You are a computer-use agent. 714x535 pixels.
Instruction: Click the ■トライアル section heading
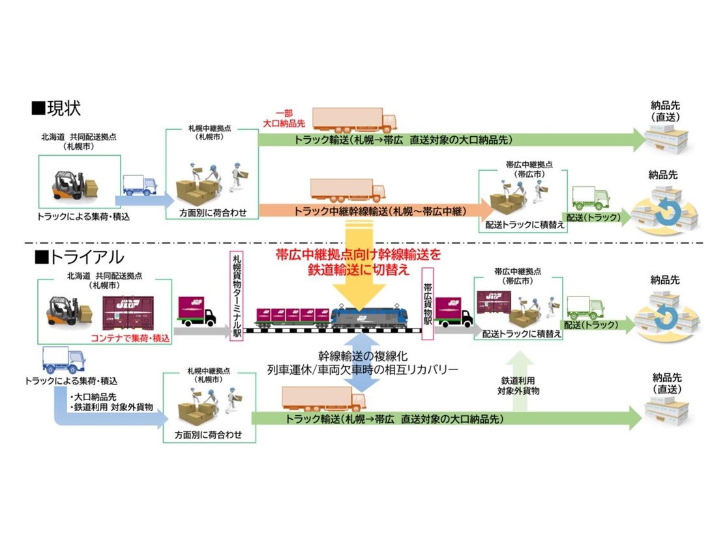click(x=78, y=257)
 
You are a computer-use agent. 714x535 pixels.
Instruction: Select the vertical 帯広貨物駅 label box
click(x=428, y=303)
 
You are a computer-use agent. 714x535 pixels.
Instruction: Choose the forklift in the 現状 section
click(x=70, y=186)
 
